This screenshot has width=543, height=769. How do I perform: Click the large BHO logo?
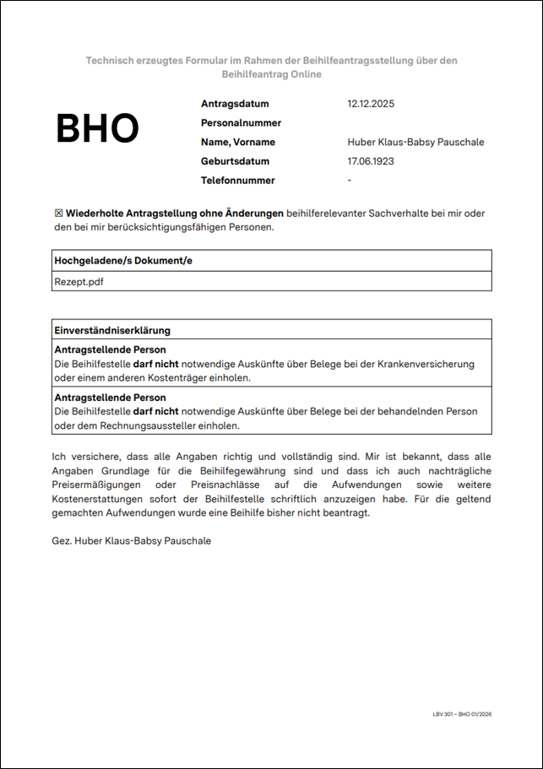pyautogui.click(x=97, y=128)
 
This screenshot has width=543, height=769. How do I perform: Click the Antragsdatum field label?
pyautogui.click(x=235, y=104)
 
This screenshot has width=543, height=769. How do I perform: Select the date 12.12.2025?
pyautogui.click(x=371, y=104)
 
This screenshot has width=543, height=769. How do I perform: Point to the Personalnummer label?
pyautogui.click(x=241, y=123)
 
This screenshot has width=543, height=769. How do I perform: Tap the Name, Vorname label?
pyautogui.click(x=238, y=142)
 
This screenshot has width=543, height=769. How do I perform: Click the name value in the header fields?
pyautogui.click(x=415, y=142)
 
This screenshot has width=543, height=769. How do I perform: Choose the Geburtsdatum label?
pyautogui.click(x=236, y=161)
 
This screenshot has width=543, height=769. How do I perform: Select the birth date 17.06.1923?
pyautogui.click(x=371, y=161)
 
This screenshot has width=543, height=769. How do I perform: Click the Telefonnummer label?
pyautogui.click(x=238, y=180)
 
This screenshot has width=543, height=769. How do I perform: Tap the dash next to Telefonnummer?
pyautogui.click(x=350, y=180)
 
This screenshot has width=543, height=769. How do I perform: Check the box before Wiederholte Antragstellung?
pyautogui.click(x=58, y=214)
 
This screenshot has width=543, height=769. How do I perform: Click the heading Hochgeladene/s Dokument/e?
pyautogui.click(x=123, y=260)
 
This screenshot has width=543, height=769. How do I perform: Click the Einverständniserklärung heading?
pyautogui.click(x=112, y=329)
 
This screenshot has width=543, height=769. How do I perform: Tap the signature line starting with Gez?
pyautogui.click(x=132, y=540)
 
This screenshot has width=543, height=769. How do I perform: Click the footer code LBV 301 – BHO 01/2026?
pyautogui.click(x=462, y=714)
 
